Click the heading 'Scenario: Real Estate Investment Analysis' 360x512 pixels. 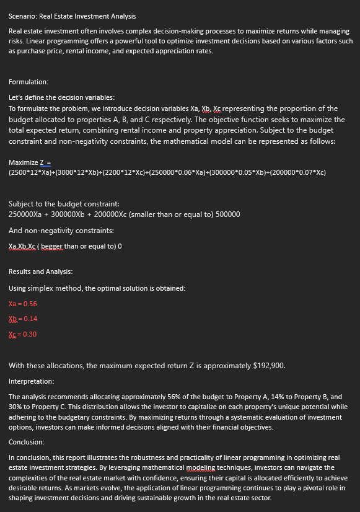[x=72, y=15]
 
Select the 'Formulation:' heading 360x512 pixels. [x=29, y=82]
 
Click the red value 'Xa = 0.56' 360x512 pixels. [x=22, y=304]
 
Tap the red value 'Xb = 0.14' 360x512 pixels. [x=22, y=319]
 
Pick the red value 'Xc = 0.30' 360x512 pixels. [x=22, y=334]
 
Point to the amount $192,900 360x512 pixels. [x=270, y=365]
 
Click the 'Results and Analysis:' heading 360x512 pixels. [x=40, y=271]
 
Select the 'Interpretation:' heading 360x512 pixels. [x=31, y=381]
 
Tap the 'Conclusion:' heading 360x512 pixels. [x=26, y=442]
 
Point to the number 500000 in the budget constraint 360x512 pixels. [x=228, y=214]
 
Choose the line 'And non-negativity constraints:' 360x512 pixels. [x=53, y=231]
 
